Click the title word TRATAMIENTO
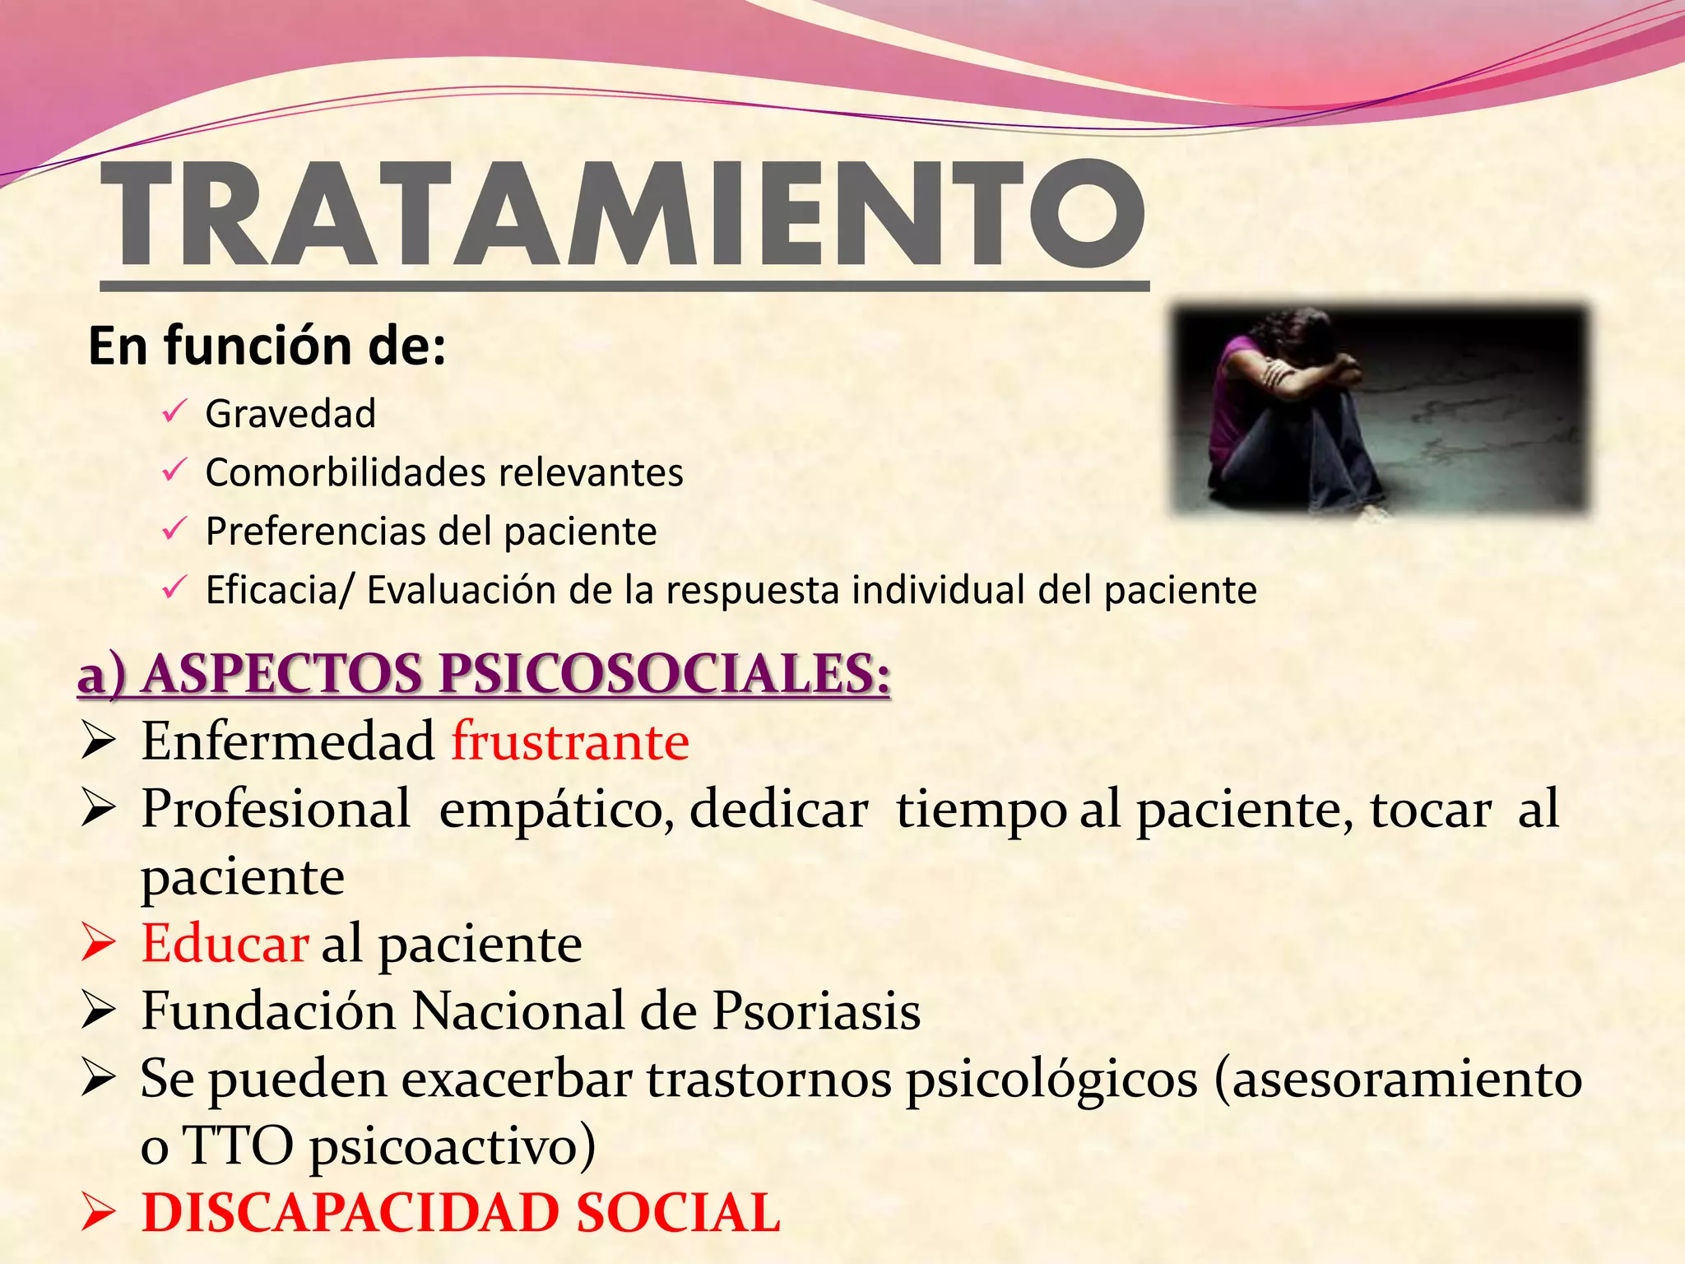click(623, 216)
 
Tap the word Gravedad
click(290, 413)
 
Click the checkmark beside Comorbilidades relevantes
click(174, 471)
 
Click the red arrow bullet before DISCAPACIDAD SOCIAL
click(98, 1214)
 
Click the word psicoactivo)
click(453, 1146)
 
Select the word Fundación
click(268, 1011)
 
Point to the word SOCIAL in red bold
click(678, 1214)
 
